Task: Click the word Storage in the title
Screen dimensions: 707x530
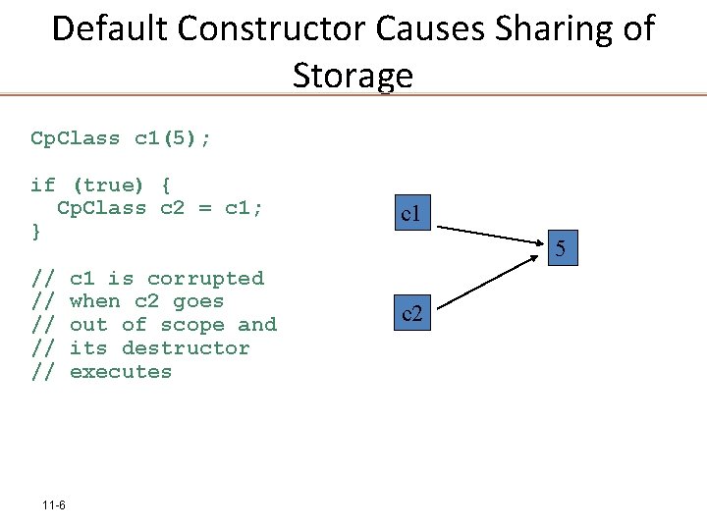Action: pos(353,75)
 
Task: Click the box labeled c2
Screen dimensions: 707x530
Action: pos(410,314)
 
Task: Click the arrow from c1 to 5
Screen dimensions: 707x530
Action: pos(491,236)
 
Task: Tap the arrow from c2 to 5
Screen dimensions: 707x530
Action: pos(491,285)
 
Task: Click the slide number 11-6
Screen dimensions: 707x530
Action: pos(54,505)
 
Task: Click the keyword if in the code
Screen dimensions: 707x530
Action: pos(43,185)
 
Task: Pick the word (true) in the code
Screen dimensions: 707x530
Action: pos(108,185)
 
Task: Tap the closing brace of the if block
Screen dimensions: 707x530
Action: pos(36,232)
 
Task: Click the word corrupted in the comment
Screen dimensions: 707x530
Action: pos(205,279)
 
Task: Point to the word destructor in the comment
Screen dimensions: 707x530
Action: pos(186,348)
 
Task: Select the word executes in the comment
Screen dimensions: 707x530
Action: pos(121,372)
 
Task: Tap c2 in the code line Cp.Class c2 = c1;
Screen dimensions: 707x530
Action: pos(172,208)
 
